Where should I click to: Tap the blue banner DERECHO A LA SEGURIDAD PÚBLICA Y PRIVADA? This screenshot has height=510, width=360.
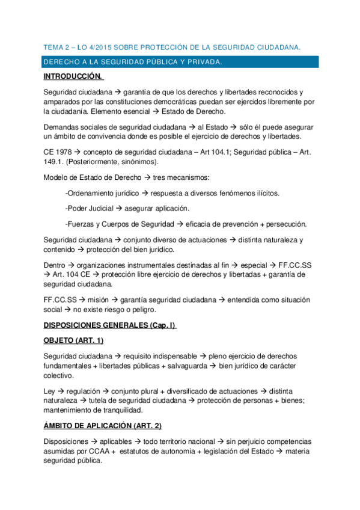click(133, 62)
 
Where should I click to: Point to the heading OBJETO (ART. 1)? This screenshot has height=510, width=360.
click(77, 340)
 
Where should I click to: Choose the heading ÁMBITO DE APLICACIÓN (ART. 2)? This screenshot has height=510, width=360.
click(103, 426)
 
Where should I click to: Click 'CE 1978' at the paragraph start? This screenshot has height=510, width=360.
click(58, 152)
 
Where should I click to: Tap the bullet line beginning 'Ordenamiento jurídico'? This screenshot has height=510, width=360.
click(171, 192)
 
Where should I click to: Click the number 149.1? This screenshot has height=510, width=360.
click(54, 162)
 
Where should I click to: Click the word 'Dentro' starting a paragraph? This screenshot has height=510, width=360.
click(54, 265)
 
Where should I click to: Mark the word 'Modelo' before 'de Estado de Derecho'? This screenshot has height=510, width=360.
click(56, 177)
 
